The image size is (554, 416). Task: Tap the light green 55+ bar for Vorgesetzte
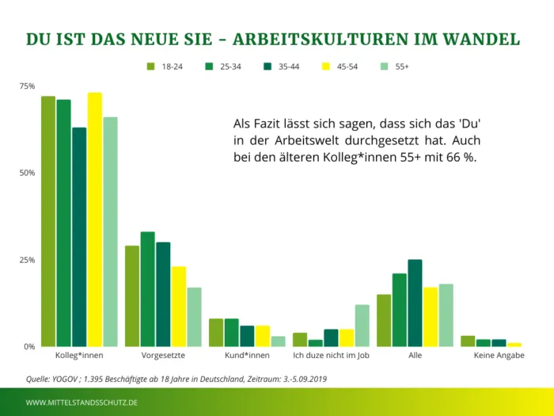click(194, 317)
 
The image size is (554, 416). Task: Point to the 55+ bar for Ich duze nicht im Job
click(362, 326)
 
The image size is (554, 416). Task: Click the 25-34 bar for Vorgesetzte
click(147, 289)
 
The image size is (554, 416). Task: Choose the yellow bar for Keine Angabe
click(514, 345)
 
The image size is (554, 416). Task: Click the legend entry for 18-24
click(164, 67)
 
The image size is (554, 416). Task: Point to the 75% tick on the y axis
click(27, 86)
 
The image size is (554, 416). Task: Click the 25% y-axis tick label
click(27, 260)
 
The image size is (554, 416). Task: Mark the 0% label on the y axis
click(29, 347)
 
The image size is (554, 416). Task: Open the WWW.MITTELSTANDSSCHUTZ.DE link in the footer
click(82, 403)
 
